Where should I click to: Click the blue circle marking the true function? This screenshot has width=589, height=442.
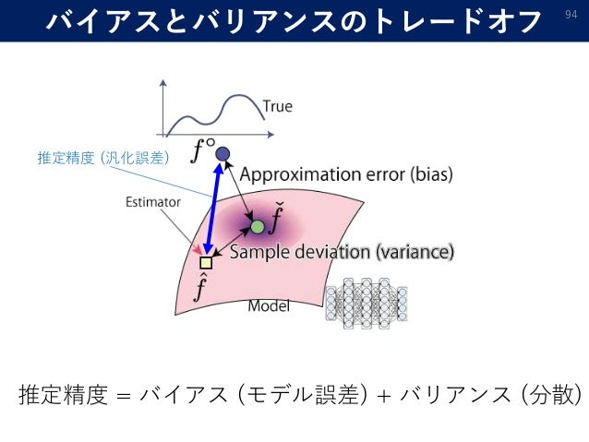coord(222,153)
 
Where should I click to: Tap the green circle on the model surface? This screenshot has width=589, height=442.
coord(258,226)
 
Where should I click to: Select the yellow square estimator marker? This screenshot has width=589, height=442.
coord(206,263)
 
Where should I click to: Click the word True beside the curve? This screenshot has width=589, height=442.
coord(277,106)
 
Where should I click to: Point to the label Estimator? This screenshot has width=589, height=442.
coord(152,202)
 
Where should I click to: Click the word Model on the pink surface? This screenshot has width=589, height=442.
coord(269,306)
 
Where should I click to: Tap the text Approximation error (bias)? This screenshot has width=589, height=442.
coord(346,174)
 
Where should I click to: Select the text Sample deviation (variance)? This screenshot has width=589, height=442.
coord(342,251)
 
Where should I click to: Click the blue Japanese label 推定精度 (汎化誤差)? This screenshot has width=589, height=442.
coord(102,158)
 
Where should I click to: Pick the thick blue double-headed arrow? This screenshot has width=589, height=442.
coord(214,208)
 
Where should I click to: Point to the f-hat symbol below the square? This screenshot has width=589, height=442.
coord(200,288)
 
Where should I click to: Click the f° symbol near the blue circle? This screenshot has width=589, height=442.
coord(201,148)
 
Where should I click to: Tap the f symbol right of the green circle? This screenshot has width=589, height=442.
coord(278,221)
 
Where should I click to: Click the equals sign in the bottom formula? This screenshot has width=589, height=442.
coord(124,395)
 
